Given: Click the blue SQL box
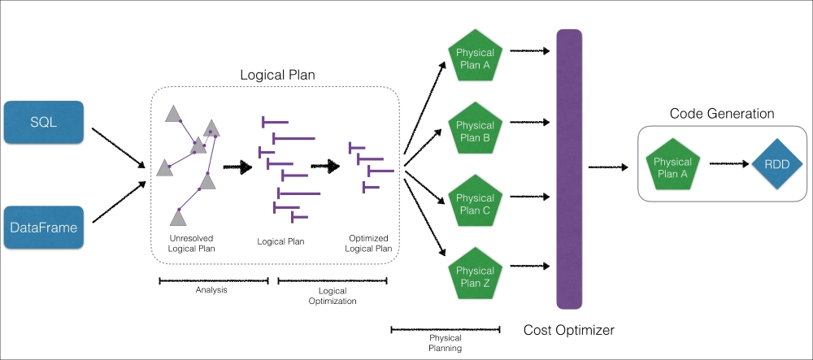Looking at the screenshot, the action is click(44, 122).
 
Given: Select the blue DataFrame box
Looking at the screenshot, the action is click(44, 228).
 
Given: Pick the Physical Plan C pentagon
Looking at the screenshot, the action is click(475, 201).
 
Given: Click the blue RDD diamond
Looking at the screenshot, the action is click(777, 164).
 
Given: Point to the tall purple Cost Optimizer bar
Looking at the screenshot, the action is click(569, 169).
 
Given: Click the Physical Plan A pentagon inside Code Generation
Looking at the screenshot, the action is click(672, 165).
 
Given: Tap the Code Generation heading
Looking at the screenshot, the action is click(722, 114).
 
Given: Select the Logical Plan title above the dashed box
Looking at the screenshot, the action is click(277, 75).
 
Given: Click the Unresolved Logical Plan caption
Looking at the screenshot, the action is click(192, 244).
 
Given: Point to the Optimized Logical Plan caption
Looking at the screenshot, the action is click(368, 243).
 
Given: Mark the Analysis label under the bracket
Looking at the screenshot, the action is click(211, 290).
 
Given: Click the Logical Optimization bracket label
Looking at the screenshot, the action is click(333, 296).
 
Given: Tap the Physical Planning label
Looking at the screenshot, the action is click(446, 343).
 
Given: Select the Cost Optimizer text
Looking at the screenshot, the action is click(569, 330).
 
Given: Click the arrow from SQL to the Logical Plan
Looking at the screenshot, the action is click(119, 148).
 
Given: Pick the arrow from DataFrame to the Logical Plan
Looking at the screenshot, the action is click(119, 202).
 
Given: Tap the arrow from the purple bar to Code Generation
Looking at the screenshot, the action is click(608, 167).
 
